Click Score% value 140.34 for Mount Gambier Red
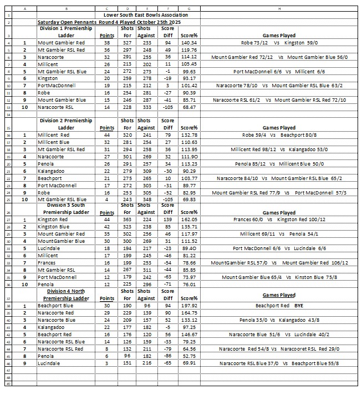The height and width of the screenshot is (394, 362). click(190, 42)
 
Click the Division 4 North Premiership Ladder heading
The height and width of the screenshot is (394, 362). click(67, 295)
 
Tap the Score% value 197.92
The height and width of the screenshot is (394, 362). click(190, 305)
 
